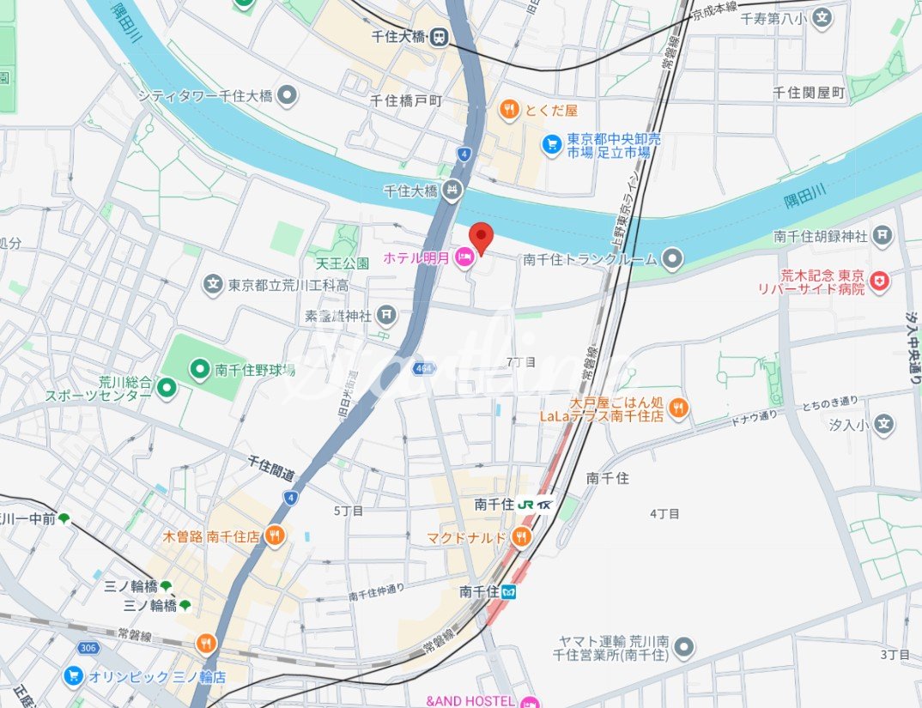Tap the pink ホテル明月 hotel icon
464,257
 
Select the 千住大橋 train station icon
440,37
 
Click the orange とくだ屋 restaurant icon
509,109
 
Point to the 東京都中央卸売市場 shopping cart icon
551,145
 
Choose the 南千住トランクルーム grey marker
673,258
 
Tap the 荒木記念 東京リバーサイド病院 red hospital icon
879,281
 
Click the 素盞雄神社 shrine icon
387,316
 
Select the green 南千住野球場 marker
199,370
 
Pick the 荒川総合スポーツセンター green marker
167,389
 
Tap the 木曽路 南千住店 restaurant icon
275,536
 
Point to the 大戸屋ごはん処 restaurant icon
678,408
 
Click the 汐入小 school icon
883,423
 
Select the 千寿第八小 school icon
822,17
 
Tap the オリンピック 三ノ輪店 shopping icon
73,676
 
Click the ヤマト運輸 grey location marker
683,648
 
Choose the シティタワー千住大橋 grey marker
287,95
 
